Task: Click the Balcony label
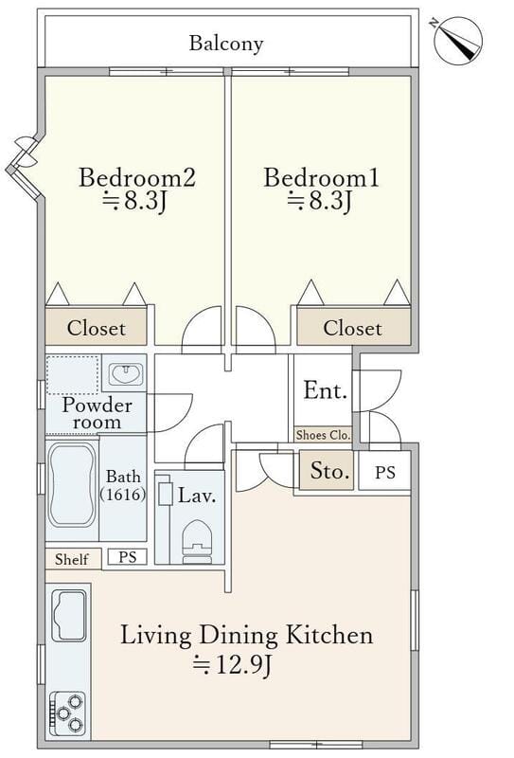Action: tap(226, 43)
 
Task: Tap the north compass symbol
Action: tap(457, 41)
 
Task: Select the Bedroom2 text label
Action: tap(137, 177)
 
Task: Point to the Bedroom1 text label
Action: tap(321, 177)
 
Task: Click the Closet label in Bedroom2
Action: tap(97, 328)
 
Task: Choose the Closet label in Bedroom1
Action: tap(353, 328)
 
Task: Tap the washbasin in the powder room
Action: tap(125, 374)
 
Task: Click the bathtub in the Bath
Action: tap(72, 485)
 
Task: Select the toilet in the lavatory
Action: tap(197, 541)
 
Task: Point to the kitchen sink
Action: tap(69, 615)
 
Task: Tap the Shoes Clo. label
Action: tap(323, 435)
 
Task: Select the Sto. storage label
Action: tap(330, 470)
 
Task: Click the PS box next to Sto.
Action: tap(384, 471)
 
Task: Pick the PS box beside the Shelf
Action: tap(127, 557)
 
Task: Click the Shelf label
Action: tap(72, 559)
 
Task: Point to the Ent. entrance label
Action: tap(325, 390)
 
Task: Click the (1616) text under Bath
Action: tap(123, 494)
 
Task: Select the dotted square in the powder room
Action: tap(73, 375)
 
